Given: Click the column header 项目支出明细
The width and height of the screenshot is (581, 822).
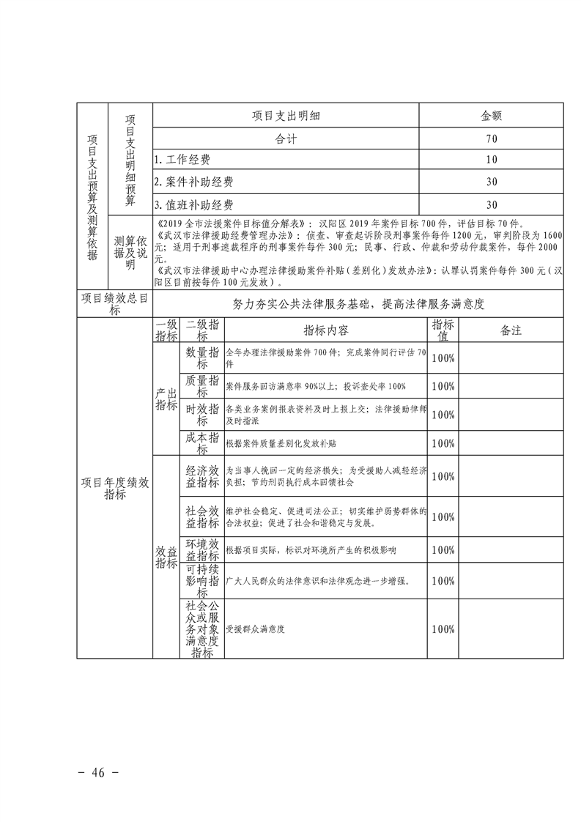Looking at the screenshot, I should tap(286, 116).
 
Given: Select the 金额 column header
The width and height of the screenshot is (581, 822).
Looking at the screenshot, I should tap(491, 116).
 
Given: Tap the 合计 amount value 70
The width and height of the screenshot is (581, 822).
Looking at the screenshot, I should tap(491, 138).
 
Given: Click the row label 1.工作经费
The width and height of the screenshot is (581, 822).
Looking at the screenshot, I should tap(182, 160).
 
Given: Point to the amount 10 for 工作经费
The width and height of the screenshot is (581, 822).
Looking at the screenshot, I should tap(491, 160).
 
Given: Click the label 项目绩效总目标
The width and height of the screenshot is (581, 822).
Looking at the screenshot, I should tap(116, 303).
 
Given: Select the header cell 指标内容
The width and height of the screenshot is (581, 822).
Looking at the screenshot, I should tap(326, 330).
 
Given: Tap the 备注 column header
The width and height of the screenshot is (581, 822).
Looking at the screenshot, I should tap(511, 330).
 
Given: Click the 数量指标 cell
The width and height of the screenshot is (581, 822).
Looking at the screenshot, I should tap(202, 358).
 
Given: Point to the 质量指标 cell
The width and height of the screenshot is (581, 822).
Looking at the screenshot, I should tap(202, 386).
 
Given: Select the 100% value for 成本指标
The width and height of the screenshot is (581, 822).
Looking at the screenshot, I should tap(443, 443).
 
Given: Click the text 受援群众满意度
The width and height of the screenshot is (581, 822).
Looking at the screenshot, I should tap(255, 629).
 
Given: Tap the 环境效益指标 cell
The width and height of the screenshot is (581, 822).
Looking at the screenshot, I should tap(202, 549).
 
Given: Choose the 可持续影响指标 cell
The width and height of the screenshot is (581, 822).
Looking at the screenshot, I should tap(202, 581).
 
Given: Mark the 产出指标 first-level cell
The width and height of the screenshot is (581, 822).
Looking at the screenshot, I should tap(166, 400).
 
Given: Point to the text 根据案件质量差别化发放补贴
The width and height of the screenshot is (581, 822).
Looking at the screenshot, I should tap(281, 443).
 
